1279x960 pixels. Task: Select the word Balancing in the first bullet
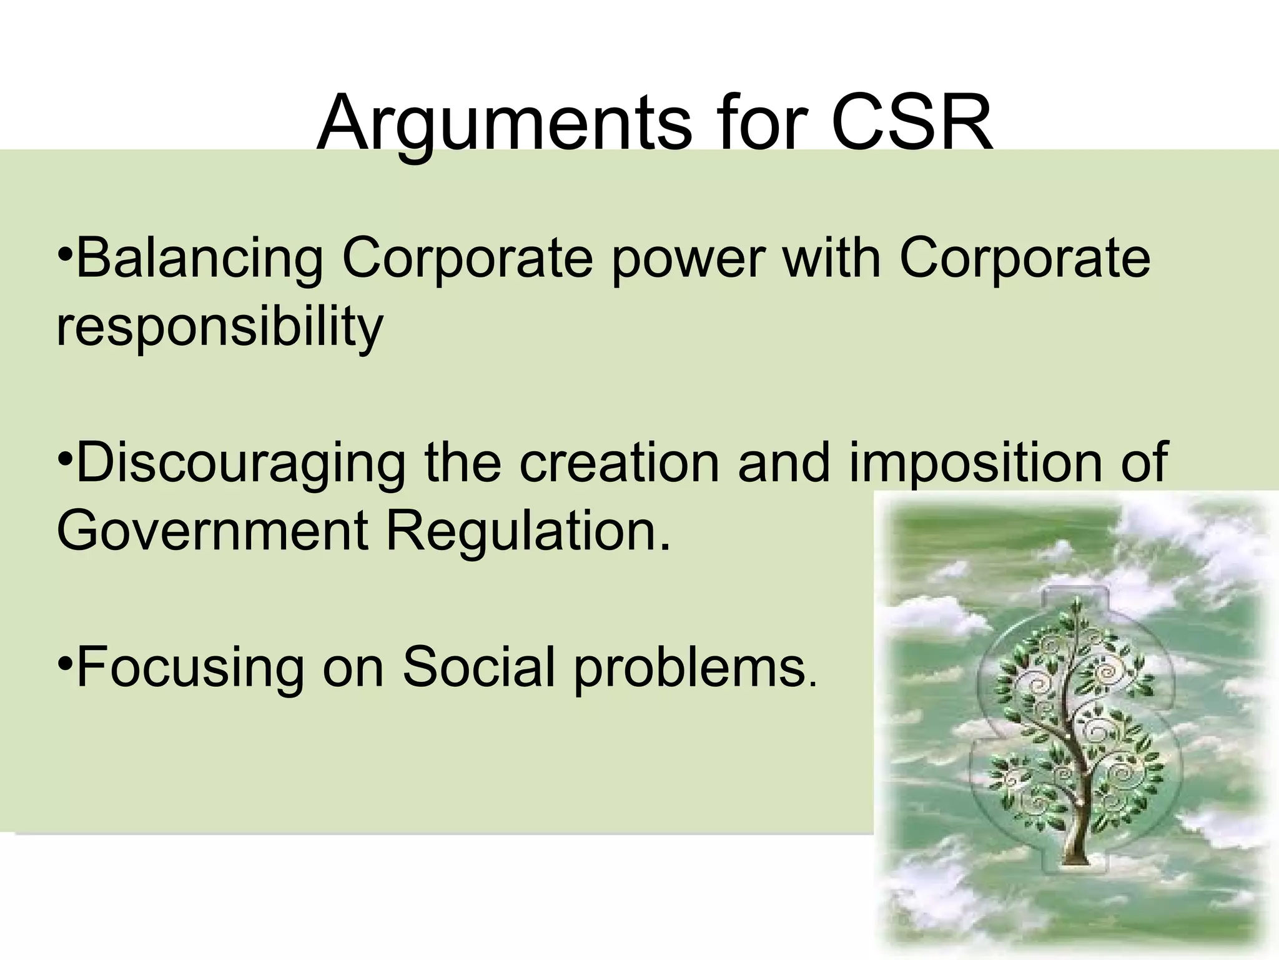[x=200, y=259]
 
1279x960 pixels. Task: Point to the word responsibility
[x=219, y=327]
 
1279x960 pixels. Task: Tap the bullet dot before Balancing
[x=65, y=256]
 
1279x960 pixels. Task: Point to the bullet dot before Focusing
[x=65, y=664]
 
